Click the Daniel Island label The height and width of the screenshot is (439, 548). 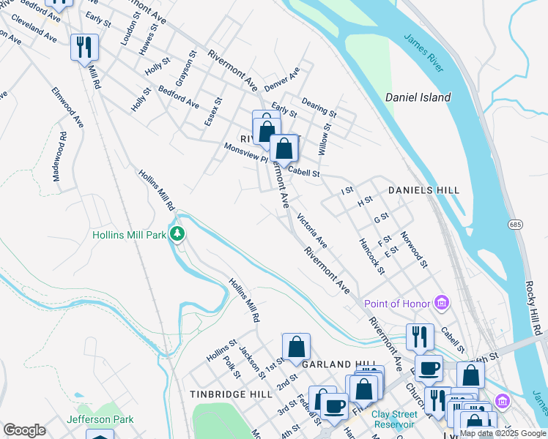point(418,97)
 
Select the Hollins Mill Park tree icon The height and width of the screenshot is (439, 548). point(177,235)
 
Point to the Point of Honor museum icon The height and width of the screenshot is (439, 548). point(442,302)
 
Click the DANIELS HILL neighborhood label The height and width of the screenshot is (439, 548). point(423,190)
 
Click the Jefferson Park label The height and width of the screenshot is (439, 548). point(100,419)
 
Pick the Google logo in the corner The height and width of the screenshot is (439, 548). point(24,430)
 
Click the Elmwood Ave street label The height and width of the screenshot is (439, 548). point(67,107)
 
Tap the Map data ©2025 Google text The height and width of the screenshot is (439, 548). point(503,433)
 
